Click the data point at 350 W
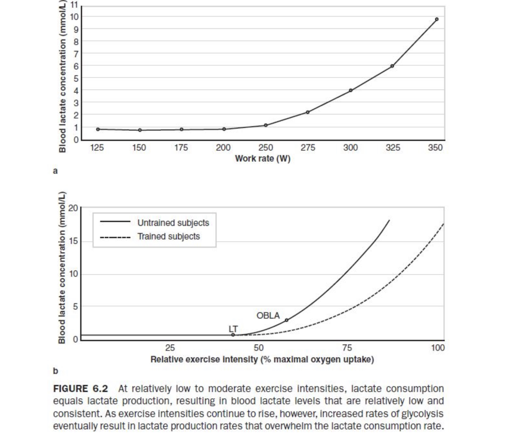point(436,19)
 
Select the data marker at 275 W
point(308,112)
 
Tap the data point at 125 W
point(98,129)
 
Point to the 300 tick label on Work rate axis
point(350,148)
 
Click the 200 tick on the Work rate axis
point(223,148)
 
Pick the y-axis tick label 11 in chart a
point(74,5)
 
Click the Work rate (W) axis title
point(263,159)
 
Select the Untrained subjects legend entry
point(155,223)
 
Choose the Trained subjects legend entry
point(150,236)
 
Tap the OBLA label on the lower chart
point(268,315)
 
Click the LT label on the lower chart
point(233,329)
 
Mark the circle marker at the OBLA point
point(286,320)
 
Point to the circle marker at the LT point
point(233,335)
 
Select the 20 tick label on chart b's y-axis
point(73,208)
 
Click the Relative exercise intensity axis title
point(262,360)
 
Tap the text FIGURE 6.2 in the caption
point(81,389)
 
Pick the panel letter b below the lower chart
point(55,371)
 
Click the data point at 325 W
point(392,66)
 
